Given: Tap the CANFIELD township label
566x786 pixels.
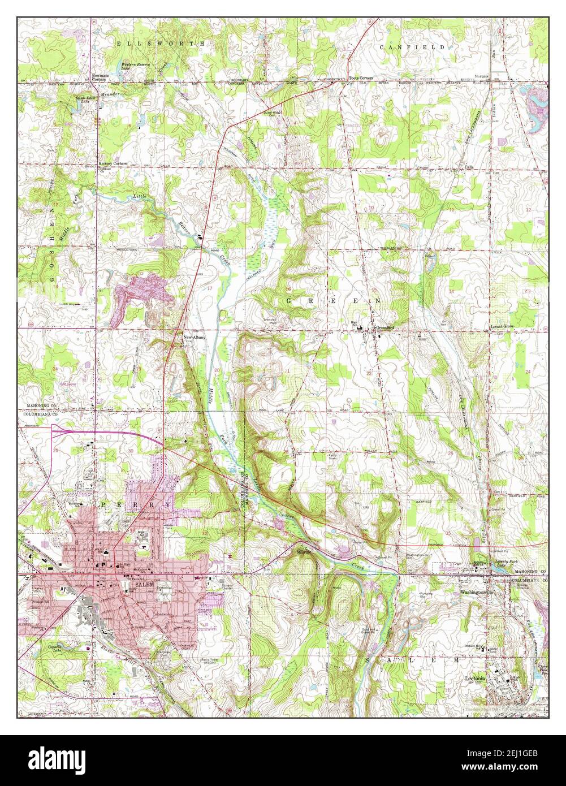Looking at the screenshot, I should (412, 47).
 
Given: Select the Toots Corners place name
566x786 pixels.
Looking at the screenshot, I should (361, 77).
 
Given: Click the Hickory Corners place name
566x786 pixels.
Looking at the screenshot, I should (113, 163).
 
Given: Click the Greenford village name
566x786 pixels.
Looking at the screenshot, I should (382, 328).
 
